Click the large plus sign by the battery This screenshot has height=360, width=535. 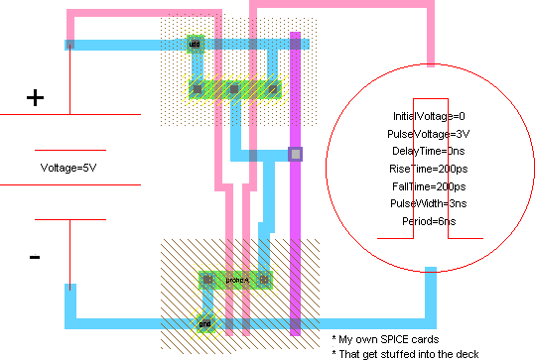[35, 97]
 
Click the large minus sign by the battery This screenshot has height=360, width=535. [35, 257]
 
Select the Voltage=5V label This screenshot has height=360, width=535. [68, 167]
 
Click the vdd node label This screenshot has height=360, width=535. [195, 44]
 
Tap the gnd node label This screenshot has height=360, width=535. [204, 322]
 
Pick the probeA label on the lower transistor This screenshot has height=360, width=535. [236, 281]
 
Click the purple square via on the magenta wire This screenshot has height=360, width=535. [295, 154]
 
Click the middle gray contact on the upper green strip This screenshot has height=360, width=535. [233, 89]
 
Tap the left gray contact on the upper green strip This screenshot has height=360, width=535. [197, 89]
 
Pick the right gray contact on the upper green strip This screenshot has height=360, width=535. [271, 89]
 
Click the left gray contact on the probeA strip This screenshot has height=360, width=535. [207, 281]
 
